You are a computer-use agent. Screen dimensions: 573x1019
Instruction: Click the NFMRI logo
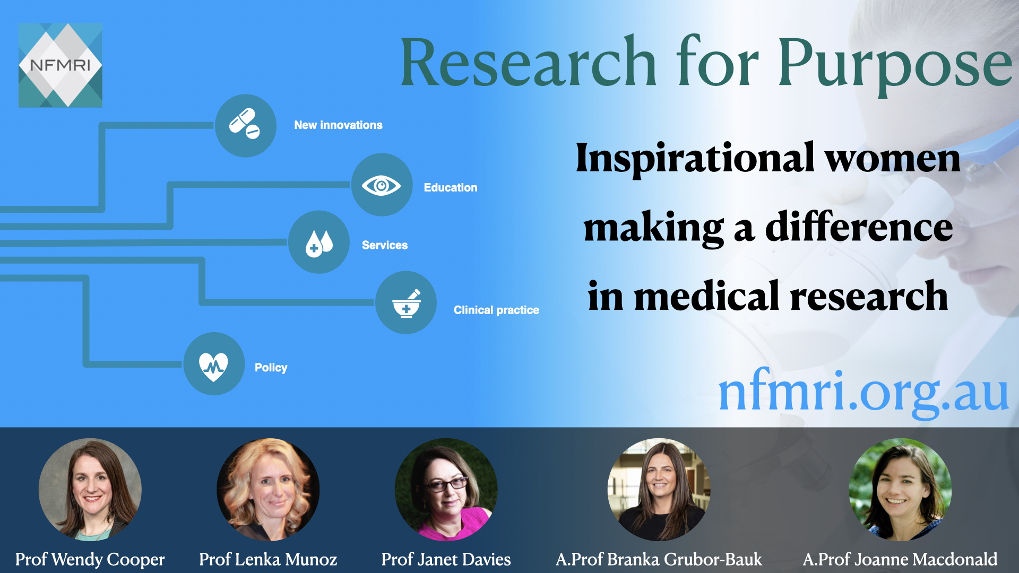(x=61, y=65)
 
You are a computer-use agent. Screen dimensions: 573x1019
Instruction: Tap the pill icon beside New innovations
(x=245, y=125)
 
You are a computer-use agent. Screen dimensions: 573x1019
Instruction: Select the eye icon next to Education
(x=381, y=185)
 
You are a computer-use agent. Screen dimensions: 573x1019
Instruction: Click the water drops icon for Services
(x=318, y=242)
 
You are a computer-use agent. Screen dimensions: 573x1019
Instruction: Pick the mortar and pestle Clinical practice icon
(x=406, y=303)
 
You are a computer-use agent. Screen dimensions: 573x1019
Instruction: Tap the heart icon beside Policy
(x=214, y=364)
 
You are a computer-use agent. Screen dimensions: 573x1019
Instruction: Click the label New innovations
(x=338, y=125)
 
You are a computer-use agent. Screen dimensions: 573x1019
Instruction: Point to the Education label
(x=450, y=188)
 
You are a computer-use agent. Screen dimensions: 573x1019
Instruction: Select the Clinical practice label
(x=496, y=310)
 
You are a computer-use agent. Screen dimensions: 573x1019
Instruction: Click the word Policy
(x=271, y=368)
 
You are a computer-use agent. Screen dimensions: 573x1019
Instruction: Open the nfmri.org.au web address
(x=863, y=393)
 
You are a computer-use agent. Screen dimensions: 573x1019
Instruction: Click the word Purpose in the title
(x=895, y=64)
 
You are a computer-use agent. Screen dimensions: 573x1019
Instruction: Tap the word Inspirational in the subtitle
(x=694, y=158)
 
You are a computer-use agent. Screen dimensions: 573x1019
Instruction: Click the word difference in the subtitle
(x=859, y=227)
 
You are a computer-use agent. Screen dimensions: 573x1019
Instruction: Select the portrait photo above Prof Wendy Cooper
(x=90, y=489)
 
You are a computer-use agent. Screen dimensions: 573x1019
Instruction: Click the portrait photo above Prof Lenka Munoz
(x=268, y=489)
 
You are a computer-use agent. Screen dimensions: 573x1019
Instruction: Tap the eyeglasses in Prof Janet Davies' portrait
(x=445, y=484)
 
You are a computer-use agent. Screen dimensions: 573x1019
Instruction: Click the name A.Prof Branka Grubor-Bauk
(x=659, y=559)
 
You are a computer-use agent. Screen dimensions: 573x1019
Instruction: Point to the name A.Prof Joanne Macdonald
(x=900, y=559)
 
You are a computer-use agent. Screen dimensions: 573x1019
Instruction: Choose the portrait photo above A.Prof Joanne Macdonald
(x=900, y=489)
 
